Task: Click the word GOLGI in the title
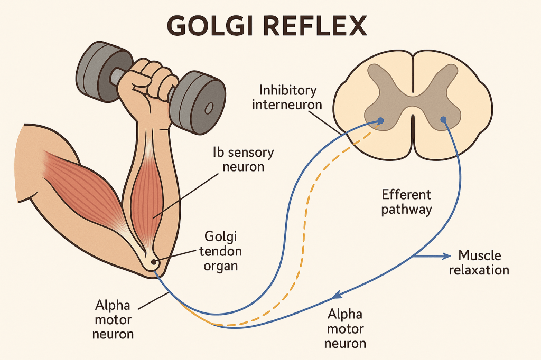(x=210, y=25)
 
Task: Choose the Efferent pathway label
(x=406, y=202)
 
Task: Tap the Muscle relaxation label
(x=483, y=263)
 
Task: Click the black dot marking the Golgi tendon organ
(x=154, y=261)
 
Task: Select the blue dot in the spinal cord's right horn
(x=443, y=120)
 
